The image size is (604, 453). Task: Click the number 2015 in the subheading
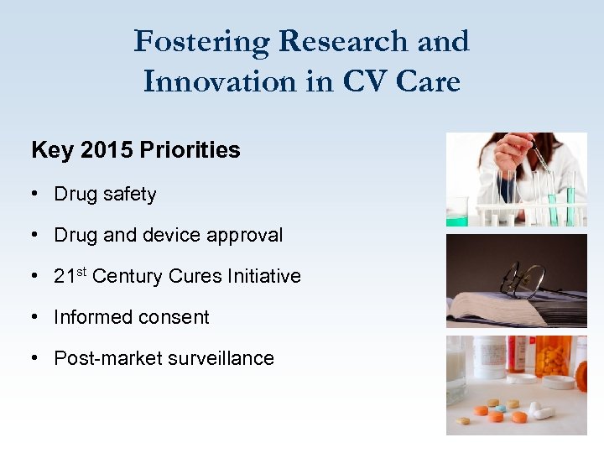tap(107, 150)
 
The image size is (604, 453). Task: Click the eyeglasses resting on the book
tap(524, 281)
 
